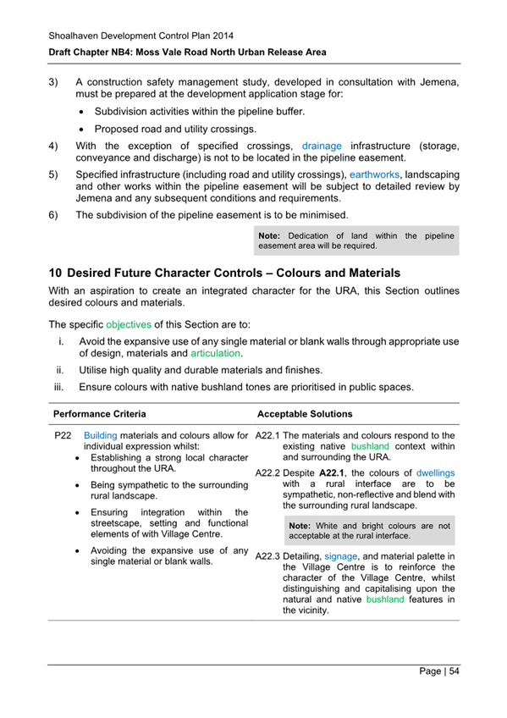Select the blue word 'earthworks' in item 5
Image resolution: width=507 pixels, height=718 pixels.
coord(373,173)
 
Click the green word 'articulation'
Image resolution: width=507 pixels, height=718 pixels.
coord(217,353)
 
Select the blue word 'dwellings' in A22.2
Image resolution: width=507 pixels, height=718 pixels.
coord(436,472)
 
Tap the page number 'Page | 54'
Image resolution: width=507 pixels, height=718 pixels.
coord(440,671)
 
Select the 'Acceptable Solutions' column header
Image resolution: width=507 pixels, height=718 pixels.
coord(305,414)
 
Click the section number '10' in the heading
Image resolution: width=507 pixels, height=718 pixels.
coord(55,273)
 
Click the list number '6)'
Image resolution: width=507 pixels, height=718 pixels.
coord(53,215)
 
